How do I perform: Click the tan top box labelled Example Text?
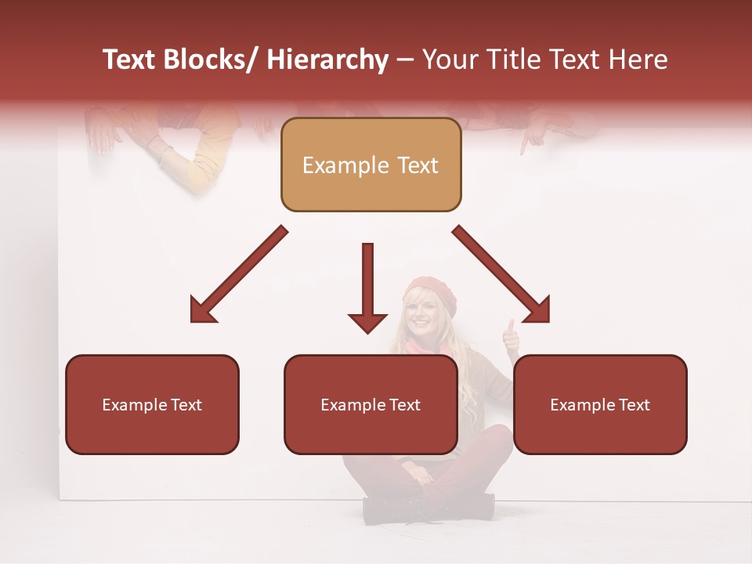click(371, 165)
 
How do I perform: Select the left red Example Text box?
click(152, 405)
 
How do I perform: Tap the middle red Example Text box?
click(371, 405)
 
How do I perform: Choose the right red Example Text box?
click(600, 405)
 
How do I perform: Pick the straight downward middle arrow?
click(367, 289)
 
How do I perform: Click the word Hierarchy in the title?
click(327, 60)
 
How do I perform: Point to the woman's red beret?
click(428, 289)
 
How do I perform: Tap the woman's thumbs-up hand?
click(511, 334)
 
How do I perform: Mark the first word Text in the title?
click(129, 60)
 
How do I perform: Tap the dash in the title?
click(405, 60)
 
